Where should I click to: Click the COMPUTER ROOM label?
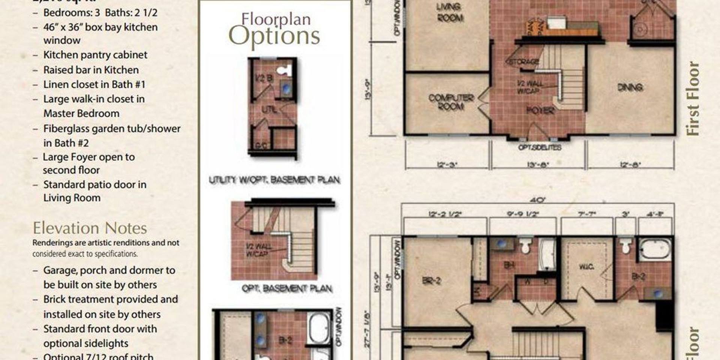tap(451, 102)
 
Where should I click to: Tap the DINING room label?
tap(630, 87)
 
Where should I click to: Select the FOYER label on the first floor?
tap(540, 110)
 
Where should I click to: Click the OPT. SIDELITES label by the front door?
tap(540, 147)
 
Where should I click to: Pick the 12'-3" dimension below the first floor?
tap(447, 165)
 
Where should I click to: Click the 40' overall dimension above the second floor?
tap(537, 200)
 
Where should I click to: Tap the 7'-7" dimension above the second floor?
tap(586, 214)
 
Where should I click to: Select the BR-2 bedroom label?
tap(431, 280)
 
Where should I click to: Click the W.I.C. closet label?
tap(586, 267)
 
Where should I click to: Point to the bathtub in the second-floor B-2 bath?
tap(655, 249)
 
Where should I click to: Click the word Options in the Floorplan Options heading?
tap(274, 36)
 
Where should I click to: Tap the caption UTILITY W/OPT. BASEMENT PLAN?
tap(274, 180)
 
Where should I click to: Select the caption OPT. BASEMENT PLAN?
tap(287, 288)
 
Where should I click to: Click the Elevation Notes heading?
tap(90, 228)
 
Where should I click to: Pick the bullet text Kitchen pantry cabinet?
tap(95, 55)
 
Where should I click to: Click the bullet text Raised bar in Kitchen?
tap(91, 70)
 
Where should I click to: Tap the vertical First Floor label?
tap(692, 98)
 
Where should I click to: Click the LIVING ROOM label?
tap(449, 12)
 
